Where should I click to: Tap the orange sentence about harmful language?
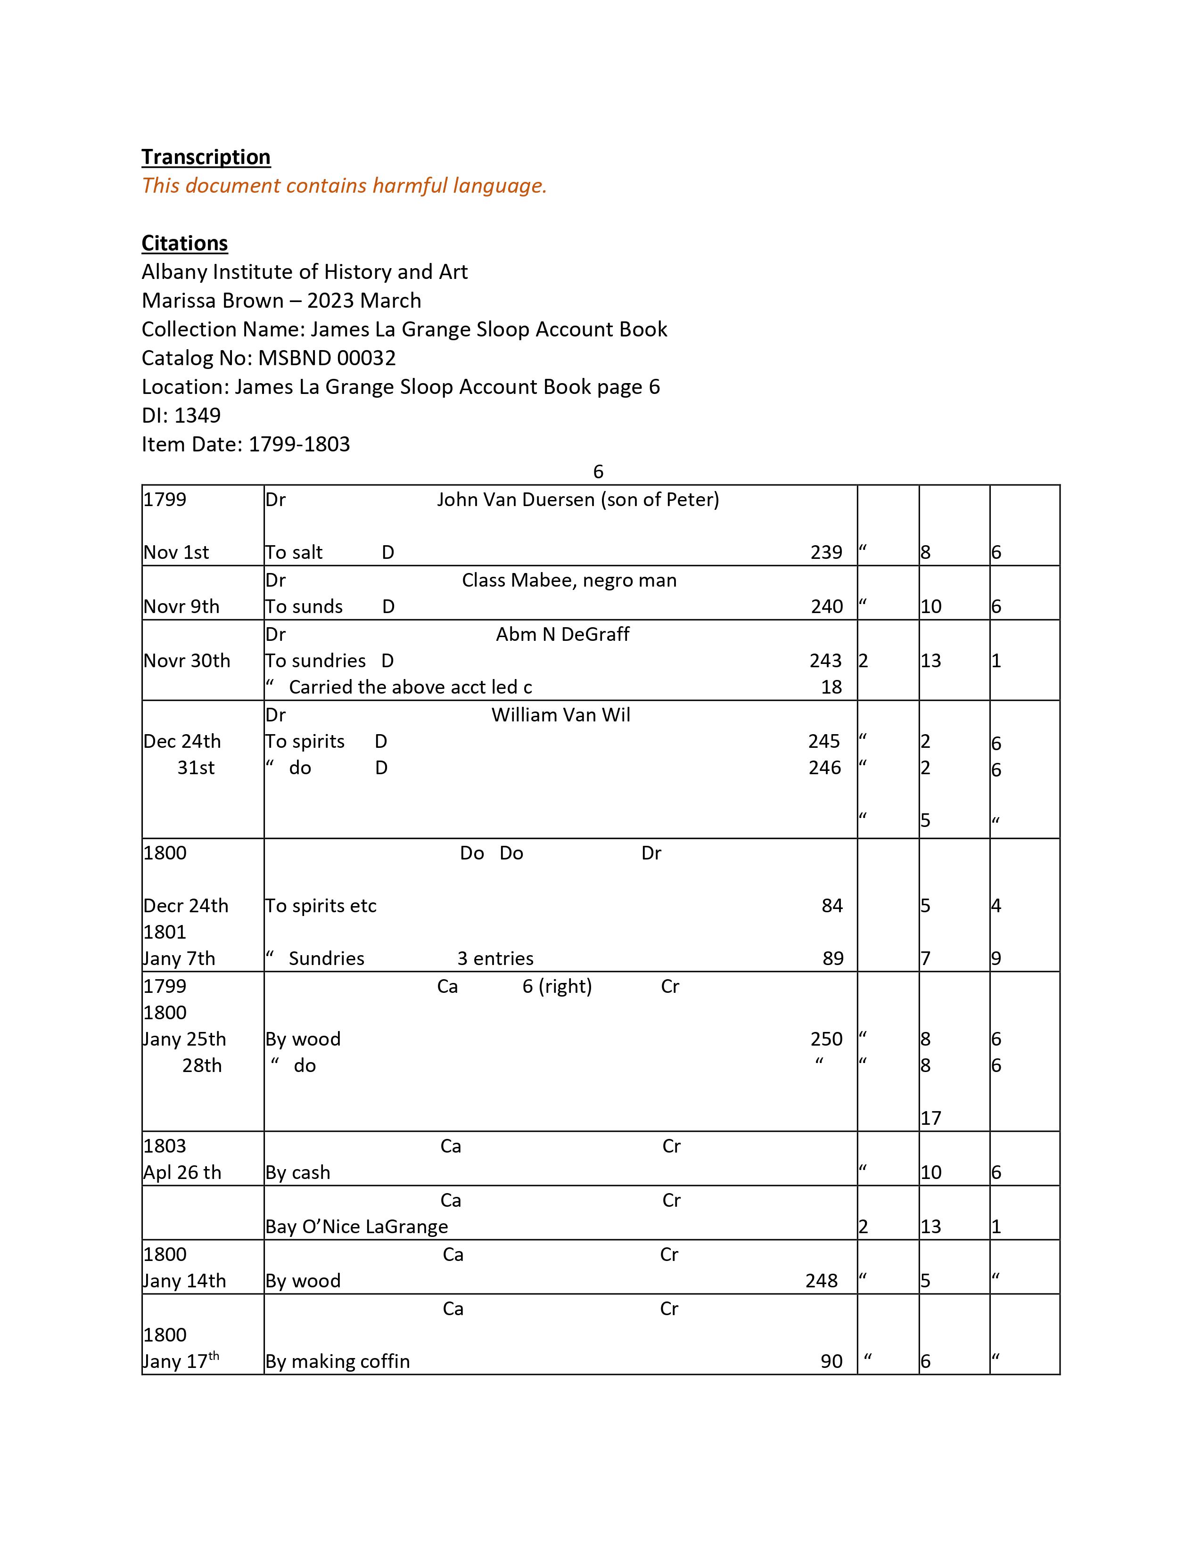click(344, 186)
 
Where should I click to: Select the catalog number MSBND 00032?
click(327, 358)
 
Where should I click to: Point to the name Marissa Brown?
click(213, 301)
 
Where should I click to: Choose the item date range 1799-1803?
click(299, 444)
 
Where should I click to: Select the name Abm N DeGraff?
click(562, 634)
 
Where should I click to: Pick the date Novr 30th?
click(187, 661)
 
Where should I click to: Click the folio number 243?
click(825, 661)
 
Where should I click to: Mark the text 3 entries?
click(495, 958)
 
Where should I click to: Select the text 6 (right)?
click(557, 986)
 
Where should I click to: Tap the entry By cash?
click(297, 1173)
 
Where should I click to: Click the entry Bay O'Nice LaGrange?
click(357, 1227)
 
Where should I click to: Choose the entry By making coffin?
click(338, 1361)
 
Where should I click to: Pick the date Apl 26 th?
click(182, 1173)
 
